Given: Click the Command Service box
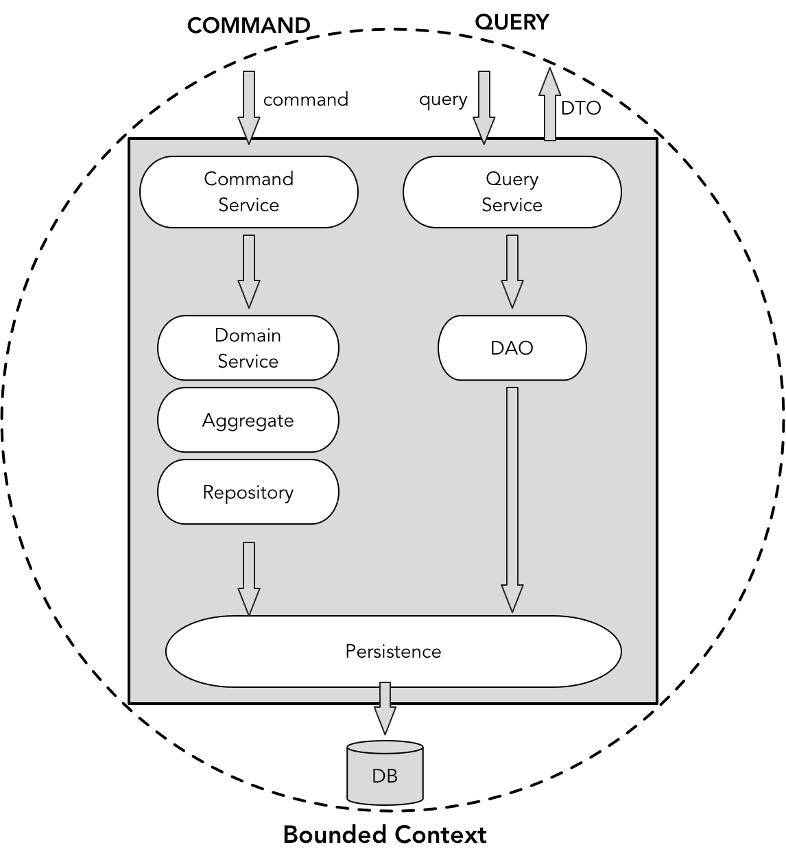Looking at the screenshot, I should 248,192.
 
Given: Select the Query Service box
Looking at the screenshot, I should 512,192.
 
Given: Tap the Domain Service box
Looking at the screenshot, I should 248,348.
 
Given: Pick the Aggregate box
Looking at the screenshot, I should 248,420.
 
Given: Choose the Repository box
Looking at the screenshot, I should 248,492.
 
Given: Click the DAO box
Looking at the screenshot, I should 512,348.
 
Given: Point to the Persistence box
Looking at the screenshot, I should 393,651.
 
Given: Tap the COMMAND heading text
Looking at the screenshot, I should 248,25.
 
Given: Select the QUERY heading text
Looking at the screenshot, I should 512,22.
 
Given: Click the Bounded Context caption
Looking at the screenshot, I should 385,835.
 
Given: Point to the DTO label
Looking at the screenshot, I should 580,108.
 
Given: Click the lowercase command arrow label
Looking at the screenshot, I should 305,99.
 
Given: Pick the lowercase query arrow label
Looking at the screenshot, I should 443,99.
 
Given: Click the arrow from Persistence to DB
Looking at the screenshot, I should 385,708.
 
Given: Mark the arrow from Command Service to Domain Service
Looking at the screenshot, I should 248,271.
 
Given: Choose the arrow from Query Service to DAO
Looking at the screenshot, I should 512,271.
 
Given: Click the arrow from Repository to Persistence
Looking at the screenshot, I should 248,577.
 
